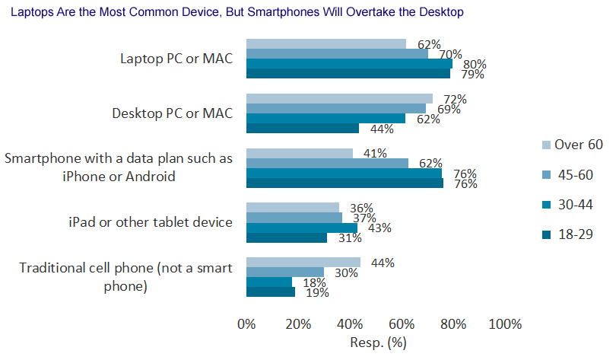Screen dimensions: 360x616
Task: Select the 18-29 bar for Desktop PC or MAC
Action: point(303,128)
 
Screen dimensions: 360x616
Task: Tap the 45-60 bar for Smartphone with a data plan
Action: point(327,163)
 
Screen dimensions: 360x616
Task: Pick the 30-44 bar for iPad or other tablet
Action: point(302,228)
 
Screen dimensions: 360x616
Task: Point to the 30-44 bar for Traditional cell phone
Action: point(268,282)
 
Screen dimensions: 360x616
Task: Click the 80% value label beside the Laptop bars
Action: point(475,65)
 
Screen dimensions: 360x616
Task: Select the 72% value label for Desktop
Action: point(455,100)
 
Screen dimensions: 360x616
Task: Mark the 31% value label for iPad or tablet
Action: point(350,238)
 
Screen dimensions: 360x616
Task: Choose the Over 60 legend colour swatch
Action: point(545,145)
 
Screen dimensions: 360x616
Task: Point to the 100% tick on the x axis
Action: point(505,325)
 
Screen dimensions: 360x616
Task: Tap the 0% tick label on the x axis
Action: point(246,325)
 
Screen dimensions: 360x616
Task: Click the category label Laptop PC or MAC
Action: point(176,59)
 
